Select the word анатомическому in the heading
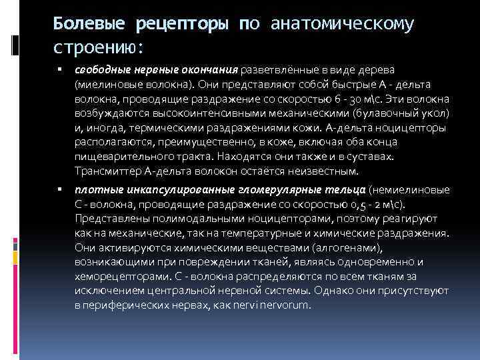[343, 25]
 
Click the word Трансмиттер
[106, 172]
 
